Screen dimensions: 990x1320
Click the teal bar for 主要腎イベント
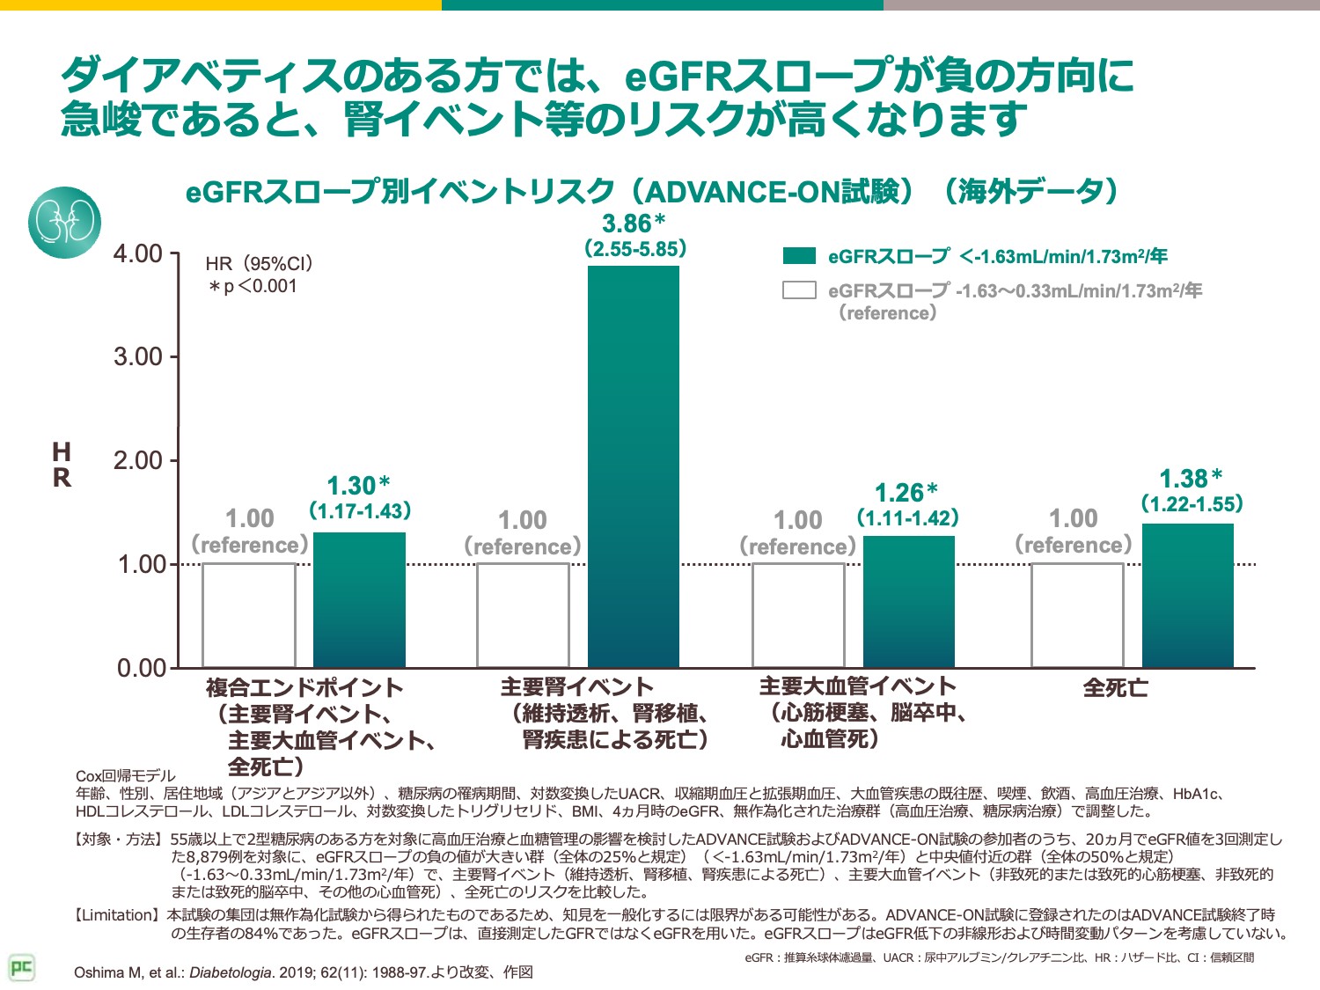coord(634,466)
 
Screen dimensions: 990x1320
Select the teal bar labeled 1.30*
coord(359,599)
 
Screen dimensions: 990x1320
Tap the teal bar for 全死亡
coord(1187,595)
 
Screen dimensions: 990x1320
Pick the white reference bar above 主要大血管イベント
coord(798,615)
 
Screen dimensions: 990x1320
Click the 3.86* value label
coord(634,224)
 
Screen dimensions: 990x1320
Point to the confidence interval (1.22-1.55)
coord(1192,504)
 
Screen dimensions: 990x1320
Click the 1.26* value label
coord(906,493)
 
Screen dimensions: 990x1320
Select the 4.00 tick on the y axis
coord(138,254)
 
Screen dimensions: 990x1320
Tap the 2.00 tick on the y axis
coord(138,460)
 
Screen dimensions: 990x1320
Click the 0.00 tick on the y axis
coord(142,668)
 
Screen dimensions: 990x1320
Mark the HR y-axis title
coord(62,465)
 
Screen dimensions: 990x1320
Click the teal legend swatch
coord(799,256)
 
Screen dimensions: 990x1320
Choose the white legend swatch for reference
coord(799,290)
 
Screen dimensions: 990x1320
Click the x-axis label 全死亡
coord(1115,687)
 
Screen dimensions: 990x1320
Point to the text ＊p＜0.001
coord(253,286)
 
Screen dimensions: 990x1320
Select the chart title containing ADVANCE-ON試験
coord(651,191)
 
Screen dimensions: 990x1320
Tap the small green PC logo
coord(21,968)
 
